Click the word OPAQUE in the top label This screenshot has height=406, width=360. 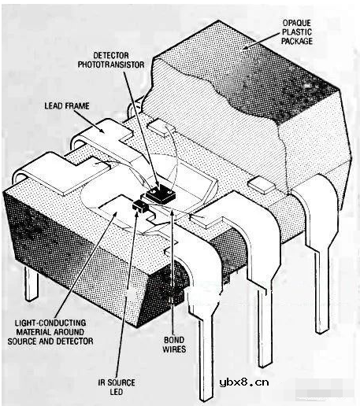coord(297,23)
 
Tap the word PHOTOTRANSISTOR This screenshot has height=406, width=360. coord(111,65)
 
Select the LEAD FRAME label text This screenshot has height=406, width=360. coord(67,105)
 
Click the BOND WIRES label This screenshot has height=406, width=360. coord(174,345)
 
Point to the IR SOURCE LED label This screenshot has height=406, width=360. coord(117,387)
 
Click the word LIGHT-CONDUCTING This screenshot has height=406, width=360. coord(50,323)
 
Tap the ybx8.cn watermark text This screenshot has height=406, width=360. coord(244,382)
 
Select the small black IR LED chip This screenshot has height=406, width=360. coord(140,206)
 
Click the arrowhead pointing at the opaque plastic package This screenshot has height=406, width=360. coord(246,46)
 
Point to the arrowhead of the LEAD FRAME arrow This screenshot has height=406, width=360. coord(102,129)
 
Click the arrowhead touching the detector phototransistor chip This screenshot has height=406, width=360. coord(157,184)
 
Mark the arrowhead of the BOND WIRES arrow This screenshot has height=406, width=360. coord(172,213)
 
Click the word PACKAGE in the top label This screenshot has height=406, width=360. coord(297,41)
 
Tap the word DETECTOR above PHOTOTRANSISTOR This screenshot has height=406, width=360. coord(111,55)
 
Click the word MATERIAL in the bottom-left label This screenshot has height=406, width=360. coord(33,332)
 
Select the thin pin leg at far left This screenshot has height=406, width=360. coord(31,283)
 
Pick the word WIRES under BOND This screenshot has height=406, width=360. coord(174,349)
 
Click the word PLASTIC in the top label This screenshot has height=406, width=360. coord(297,32)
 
